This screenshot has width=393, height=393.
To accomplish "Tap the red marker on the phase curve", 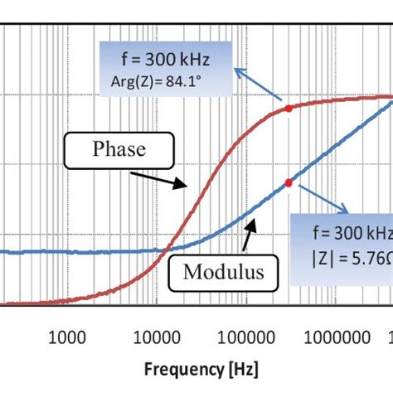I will pyautogui.click(x=288, y=109).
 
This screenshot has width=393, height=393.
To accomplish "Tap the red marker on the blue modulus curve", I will pyautogui.click(x=288, y=182).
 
